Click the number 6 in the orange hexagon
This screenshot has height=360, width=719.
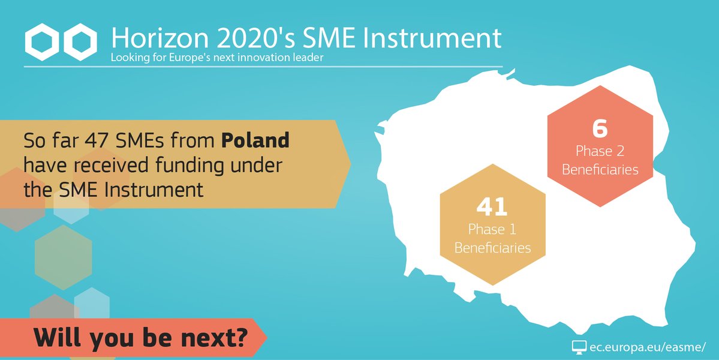pos(600,129)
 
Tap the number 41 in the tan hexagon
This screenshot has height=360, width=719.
pos(492,207)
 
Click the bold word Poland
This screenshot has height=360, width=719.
pos(255,140)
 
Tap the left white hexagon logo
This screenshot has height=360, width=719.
pos(42,42)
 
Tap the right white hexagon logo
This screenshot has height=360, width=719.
pos(80,42)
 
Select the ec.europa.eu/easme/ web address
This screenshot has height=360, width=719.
pos(648,347)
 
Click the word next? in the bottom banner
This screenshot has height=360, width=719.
pos(215,338)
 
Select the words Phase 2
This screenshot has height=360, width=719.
pos(600,151)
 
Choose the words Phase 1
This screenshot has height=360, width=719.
pos(492,229)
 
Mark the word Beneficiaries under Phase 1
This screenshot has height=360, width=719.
pos(492,248)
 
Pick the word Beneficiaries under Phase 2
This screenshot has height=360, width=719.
pos(600,170)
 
